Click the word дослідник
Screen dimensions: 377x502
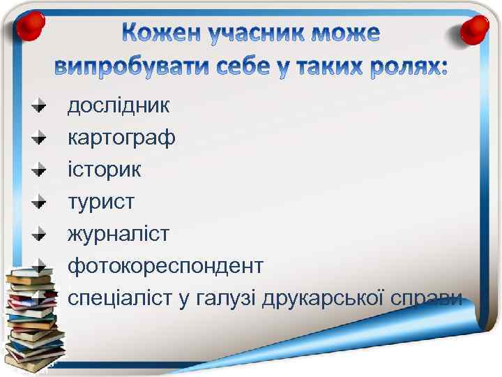pos(118,106)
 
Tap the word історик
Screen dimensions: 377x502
pos(104,170)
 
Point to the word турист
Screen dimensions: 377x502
pos(101,202)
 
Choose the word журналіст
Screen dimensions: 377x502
pos(118,234)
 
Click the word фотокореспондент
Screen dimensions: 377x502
pos(165,266)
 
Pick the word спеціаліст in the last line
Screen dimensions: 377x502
pos(119,299)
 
